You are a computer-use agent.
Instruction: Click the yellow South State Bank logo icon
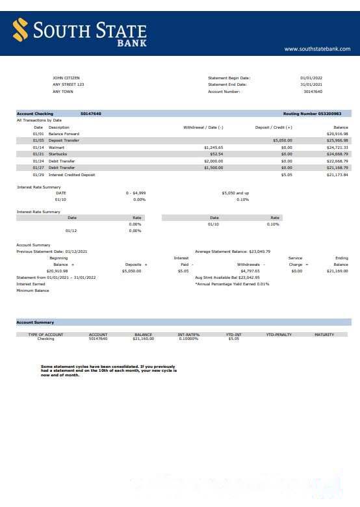[x=21, y=30]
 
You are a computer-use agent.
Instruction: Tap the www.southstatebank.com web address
[x=317, y=49]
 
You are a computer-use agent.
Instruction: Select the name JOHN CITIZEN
[x=66, y=78]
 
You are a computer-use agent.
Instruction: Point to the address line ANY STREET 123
[x=68, y=84]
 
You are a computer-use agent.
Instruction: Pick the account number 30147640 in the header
[x=313, y=92]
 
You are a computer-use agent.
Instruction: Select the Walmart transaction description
[x=57, y=148]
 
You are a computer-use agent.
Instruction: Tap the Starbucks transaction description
[x=58, y=154]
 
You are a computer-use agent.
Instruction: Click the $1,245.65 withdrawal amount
[x=213, y=148]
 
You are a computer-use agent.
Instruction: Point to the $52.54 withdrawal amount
[x=216, y=154]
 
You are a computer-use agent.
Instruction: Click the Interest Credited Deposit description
[x=71, y=175]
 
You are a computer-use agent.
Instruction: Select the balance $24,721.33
[x=337, y=148]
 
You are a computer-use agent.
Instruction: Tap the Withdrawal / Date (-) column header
[x=203, y=127]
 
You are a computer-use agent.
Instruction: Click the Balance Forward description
[x=64, y=134]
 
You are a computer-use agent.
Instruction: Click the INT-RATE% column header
[x=188, y=335]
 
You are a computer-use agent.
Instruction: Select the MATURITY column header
[x=324, y=335]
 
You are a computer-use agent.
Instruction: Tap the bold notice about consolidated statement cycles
[x=108, y=370]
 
